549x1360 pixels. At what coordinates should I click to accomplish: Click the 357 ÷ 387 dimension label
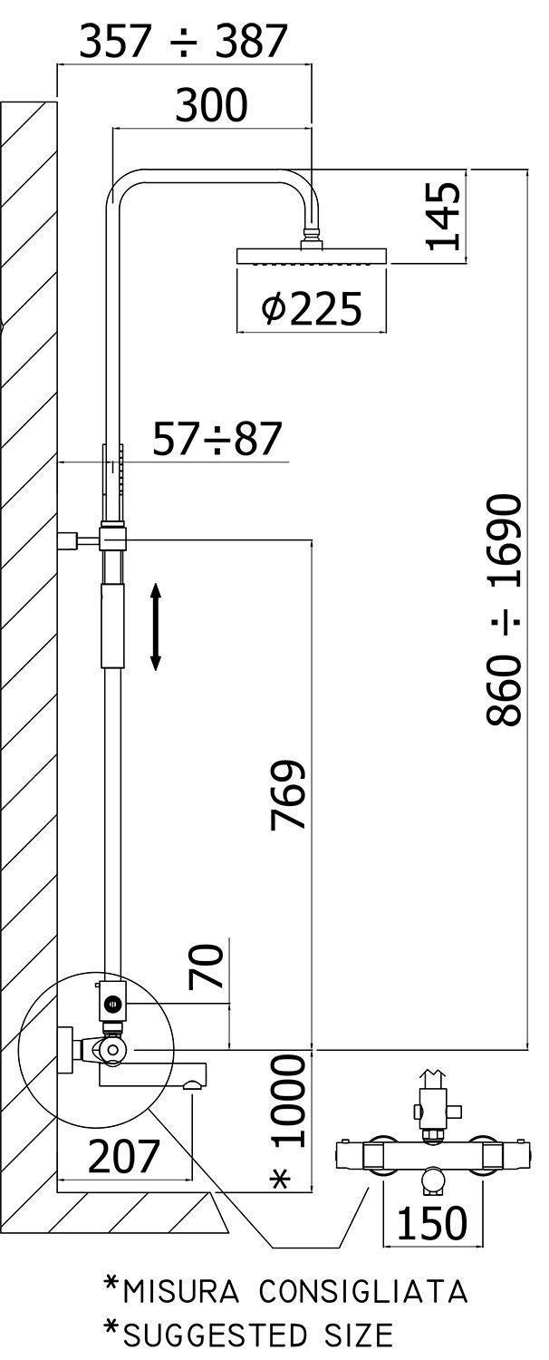point(183,42)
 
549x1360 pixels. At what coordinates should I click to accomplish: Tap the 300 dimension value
point(212,104)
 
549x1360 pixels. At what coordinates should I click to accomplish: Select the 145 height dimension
point(443,216)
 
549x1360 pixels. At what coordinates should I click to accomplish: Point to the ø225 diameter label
point(312,307)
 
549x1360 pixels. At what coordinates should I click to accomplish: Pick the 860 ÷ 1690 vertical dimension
point(504,609)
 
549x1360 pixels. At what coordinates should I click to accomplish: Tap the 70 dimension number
point(206,966)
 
